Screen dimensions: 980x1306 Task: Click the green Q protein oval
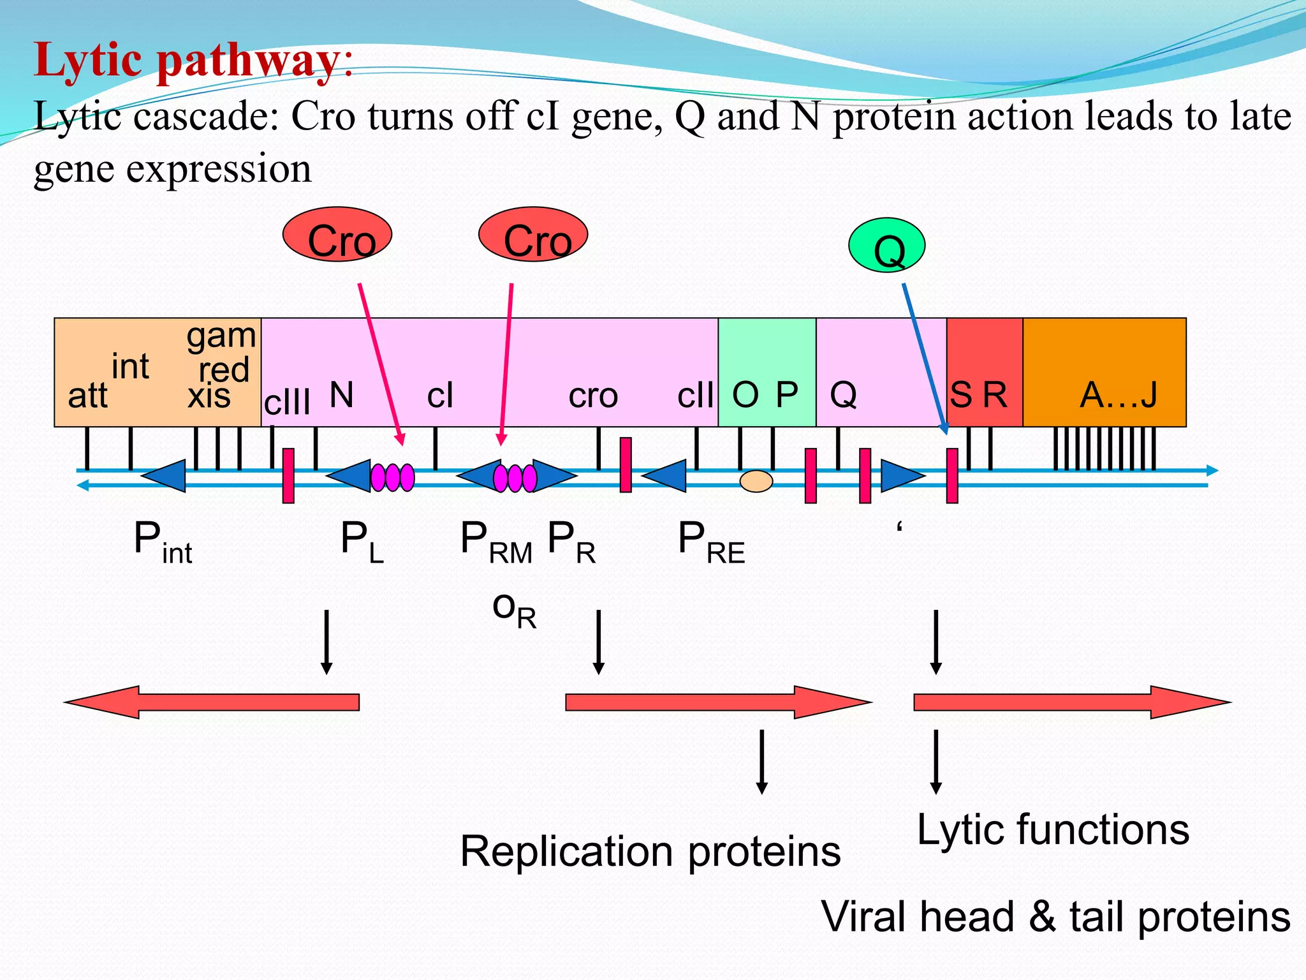pos(886,246)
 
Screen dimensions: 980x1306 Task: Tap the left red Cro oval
pos(337,234)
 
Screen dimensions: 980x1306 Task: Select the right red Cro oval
pos(533,234)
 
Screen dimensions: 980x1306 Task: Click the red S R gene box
pos(984,372)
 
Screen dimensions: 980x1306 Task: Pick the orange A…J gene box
pos(1104,372)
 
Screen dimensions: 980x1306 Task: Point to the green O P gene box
pos(767,372)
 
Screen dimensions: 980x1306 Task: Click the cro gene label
pos(593,396)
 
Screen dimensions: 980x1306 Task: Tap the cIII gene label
pos(287,402)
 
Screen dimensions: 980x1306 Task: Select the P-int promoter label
pos(163,542)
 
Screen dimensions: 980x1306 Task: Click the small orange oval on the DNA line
pos(756,480)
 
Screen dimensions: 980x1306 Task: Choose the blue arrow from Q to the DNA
pos(925,357)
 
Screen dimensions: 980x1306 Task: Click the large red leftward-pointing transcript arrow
pos(212,702)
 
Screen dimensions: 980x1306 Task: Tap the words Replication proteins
pos(650,851)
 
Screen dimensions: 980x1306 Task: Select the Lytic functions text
pos(1053,829)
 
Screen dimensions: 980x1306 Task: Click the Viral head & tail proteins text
pos(1055,917)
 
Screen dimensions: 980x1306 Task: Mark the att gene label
pos(87,396)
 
